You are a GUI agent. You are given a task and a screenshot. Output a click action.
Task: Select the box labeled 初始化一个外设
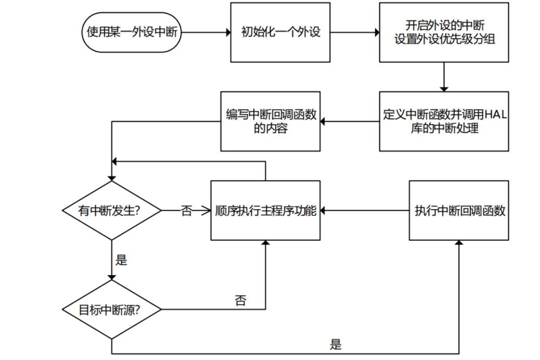tap(280, 32)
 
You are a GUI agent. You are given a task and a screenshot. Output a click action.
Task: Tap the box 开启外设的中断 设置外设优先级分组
tap(444, 32)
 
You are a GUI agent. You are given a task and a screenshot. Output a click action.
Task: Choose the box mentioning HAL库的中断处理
tap(444, 121)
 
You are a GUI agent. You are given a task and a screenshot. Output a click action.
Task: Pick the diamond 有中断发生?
tap(111, 211)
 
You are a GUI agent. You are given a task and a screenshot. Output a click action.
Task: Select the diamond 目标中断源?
tap(111, 310)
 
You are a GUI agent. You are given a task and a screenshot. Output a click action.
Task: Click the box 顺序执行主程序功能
tap(265, 211)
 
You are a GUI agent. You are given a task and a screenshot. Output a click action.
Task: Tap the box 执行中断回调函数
tap(459, 211)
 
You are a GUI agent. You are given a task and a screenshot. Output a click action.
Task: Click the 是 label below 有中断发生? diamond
tap(121, 260)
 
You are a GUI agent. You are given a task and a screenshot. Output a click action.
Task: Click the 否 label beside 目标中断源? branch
tap(240, 300)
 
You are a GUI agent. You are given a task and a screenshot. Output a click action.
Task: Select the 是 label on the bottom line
tap(336, 344)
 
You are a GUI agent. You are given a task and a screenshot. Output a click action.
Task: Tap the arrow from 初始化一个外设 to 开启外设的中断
tap(354, 32)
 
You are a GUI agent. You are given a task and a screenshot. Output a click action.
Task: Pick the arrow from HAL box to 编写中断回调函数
tap(349, 122)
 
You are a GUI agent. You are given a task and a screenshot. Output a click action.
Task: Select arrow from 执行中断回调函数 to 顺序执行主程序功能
tap(364, 211)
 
